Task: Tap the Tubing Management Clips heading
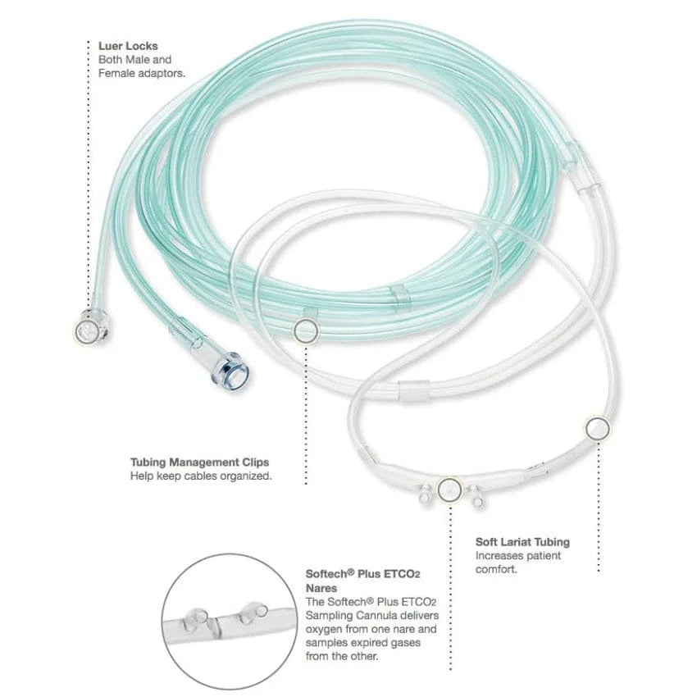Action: tap(199, 462)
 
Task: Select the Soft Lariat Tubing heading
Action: tap(522, 542)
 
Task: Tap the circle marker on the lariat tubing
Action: tap(596, 427)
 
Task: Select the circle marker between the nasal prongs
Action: tap(449, 489)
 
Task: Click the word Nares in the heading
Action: tap(321, 588)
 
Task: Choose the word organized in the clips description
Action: tap(244, 476)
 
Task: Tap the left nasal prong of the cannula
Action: tap(426, 495)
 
